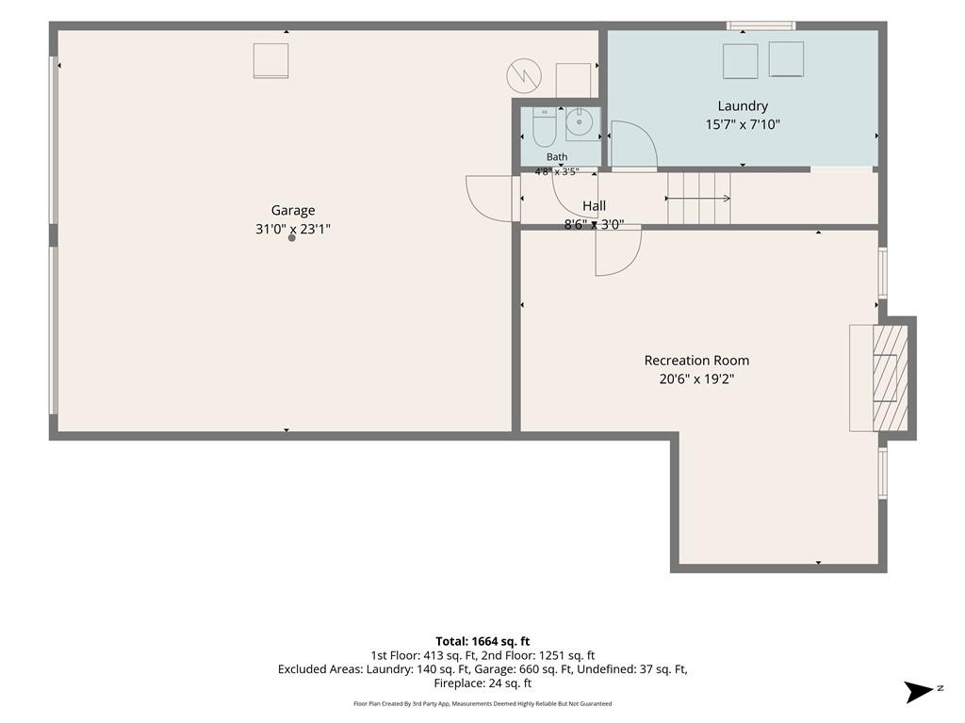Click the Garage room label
(x=293, y=210)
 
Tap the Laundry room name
(x=743, y=105)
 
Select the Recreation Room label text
(x=696, y=361)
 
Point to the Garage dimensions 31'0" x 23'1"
(x=293, y=229)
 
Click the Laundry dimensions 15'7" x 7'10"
(x=743, y=124)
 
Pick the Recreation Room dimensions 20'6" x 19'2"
(x=696, y=378)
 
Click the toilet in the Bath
(x=544, y=127)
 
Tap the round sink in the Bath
(x=580, y=121)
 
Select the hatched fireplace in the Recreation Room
(x=890, y=378)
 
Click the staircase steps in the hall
(x=698, y=198)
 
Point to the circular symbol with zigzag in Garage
(x=524, y=75)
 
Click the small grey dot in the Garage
(x=292, y=238)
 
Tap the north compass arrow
(x=919, y=692)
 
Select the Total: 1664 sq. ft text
(x=482, y=642)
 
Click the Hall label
(x=594, y=206)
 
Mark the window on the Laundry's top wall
(x=761, y=25)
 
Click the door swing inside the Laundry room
(x=634, y=145)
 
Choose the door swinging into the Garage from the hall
(x=490, y=199)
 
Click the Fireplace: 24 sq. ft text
(x=482, y=683)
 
